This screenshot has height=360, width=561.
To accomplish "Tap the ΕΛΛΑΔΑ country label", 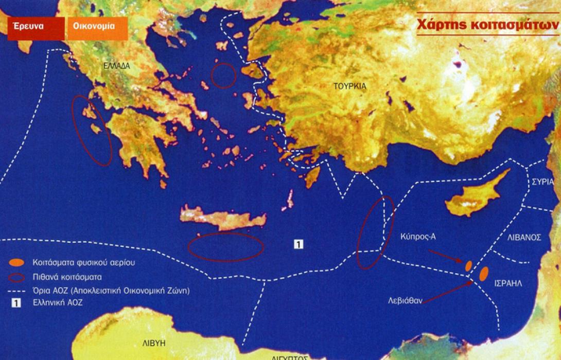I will tap(117, 66).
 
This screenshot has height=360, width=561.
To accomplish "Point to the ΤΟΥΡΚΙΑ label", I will tap(350, 86).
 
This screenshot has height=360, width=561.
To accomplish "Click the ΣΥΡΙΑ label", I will tap(543, 182).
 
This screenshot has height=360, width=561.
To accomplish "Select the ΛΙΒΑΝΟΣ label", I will tap(524, 238).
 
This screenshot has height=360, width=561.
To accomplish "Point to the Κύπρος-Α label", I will tap(417, 237).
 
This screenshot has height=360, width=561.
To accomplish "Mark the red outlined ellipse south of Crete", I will tap(226, 247).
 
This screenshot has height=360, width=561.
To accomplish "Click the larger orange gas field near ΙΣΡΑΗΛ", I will tap(484, 274).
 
